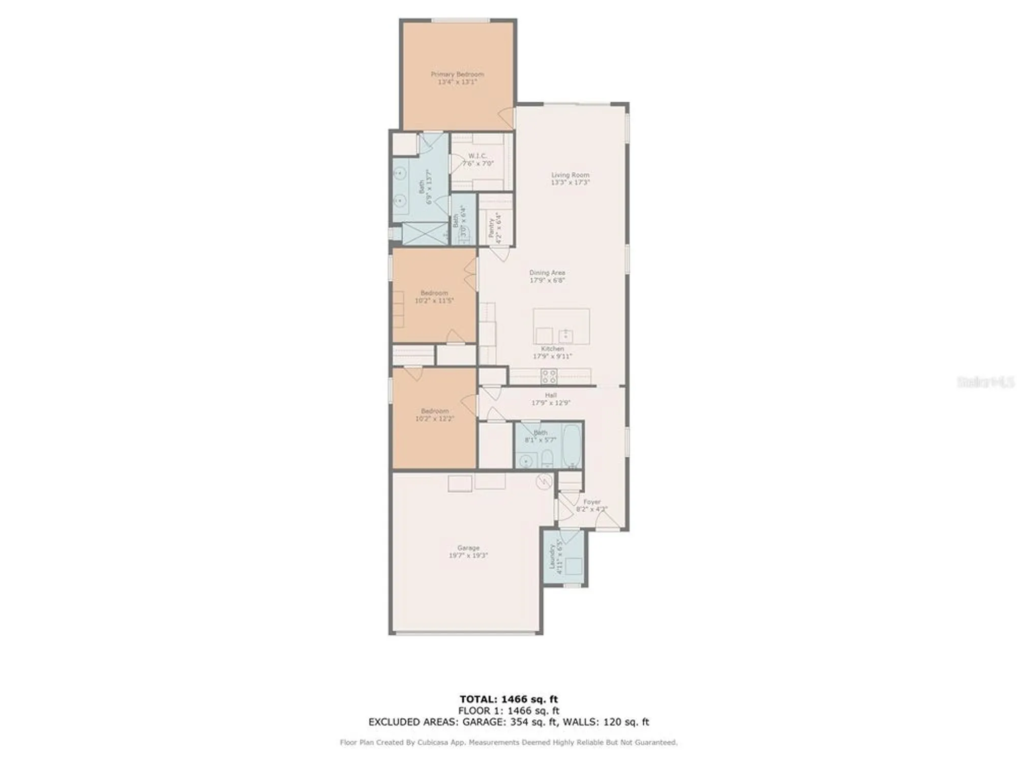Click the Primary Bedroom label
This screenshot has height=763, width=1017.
pyautogui.click(x=457, y=78)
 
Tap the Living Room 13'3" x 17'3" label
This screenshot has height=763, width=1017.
pyautogui.click(x=570, y=179)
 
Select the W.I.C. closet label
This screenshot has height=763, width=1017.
pyautogui.click(x=477, y=160)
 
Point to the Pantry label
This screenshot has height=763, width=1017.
pyautogui.click(x=495, y=227)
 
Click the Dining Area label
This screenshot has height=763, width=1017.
pyautogui.click(x=547, y=276)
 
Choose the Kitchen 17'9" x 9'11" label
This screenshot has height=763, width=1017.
pyautogui.click(x=552, y=353)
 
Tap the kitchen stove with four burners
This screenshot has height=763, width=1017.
pyautogui.click(x=549, y=376)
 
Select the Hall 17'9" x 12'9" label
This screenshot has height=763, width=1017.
pyautogui.click(x=551, y=399)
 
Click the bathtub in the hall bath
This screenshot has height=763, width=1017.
pyautogui.click(x=573, y=446)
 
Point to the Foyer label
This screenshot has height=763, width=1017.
pyautogui.click(x=591, y=505)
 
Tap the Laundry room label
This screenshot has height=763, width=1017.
pyautogui.click(x=555, y=559)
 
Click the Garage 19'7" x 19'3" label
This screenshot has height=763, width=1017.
pyautogui.click(x=468, y=551)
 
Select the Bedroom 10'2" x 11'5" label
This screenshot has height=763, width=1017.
pyautogui.click(x=434, y=297)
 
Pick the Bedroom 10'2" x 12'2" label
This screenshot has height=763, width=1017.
pyautogui.click(x=434, y=415)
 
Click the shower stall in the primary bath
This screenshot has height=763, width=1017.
pyautogui.click(x=425, y=234)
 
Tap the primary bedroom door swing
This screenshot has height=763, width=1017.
pyautogui.click(x=506, y=118)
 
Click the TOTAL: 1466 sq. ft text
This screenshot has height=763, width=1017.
pyautogui.click(x=508, y=699)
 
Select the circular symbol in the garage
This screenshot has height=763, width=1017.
pyautogui.click(x=544, y=481)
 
